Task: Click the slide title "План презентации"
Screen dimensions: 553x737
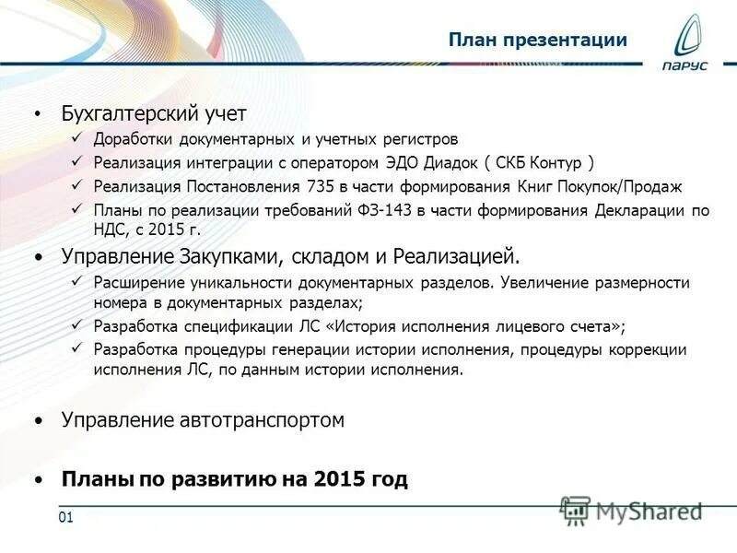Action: click(538, 41)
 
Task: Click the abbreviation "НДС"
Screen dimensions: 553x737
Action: click(110, 230)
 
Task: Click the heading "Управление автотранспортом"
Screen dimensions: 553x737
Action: click(203, 420)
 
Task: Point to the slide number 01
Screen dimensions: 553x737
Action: click(65, 517)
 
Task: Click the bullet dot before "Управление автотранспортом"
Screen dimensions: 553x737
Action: click(38, 421)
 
